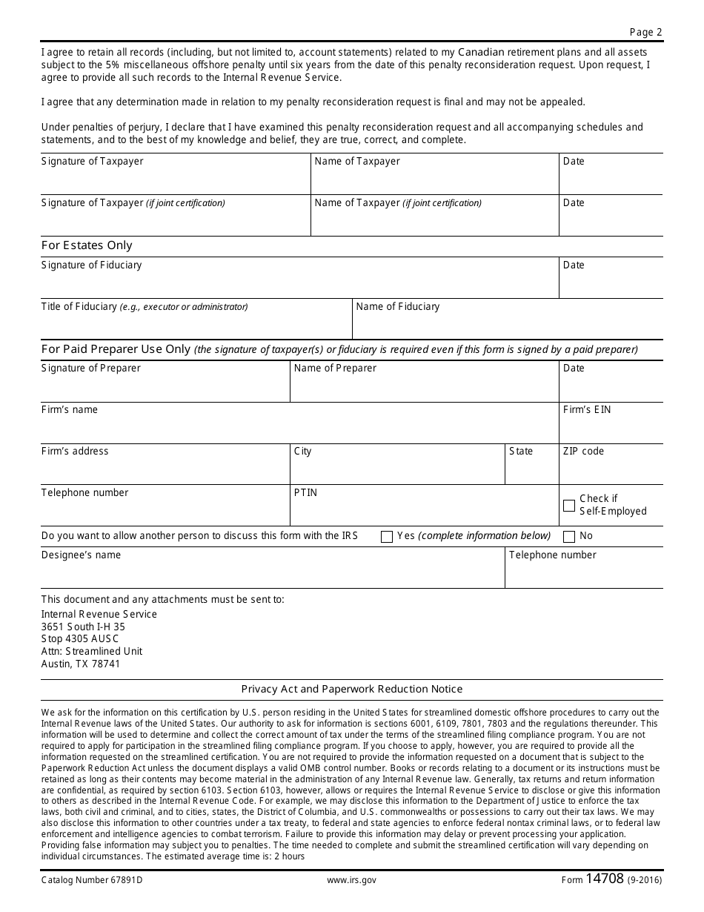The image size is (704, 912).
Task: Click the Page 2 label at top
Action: [646, 32]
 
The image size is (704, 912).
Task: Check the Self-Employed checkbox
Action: [569, 506]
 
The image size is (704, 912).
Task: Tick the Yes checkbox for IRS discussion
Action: [386, 537]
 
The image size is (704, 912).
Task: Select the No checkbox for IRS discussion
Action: [569, 537]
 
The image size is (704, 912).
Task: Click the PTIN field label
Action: [305, 493]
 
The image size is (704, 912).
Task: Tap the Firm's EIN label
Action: [587, 410]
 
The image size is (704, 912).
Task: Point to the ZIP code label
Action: [583, 452]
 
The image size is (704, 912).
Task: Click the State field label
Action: [521, 452]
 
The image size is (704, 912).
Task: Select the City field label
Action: [302, 452]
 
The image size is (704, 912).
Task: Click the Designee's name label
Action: [81, 555]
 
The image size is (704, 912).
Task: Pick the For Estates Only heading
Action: [87, 245]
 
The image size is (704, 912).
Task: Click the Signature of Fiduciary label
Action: [91, 265]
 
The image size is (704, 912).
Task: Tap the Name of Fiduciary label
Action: [397, 307]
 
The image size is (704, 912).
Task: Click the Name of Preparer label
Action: [335, 369]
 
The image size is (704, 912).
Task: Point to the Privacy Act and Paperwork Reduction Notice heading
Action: [352, 690]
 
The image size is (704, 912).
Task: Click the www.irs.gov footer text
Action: [351, 880]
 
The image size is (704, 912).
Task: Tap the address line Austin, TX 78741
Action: [80, 664]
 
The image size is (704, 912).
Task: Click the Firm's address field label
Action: [75, 452]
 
